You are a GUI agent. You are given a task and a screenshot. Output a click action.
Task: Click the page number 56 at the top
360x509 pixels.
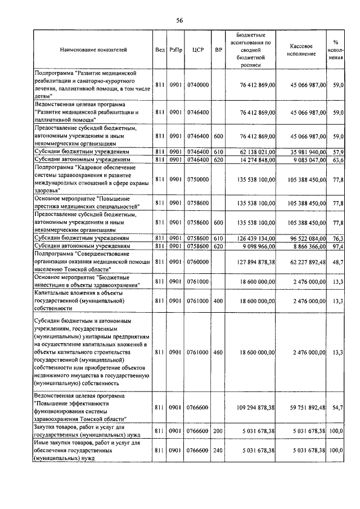[x=180, y=20]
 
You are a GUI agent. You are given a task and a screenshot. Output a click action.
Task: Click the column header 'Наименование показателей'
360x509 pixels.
[x=93, y=49]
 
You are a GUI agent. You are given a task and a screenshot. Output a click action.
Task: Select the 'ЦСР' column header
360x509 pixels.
[x=197, y=49]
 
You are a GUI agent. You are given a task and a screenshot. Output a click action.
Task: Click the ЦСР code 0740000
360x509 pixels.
[x=197, y=84]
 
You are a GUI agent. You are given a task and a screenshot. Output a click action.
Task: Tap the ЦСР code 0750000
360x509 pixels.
[x=197, y=179]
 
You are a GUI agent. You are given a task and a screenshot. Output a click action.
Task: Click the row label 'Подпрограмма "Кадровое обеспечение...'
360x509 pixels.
[x=90, y=179]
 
